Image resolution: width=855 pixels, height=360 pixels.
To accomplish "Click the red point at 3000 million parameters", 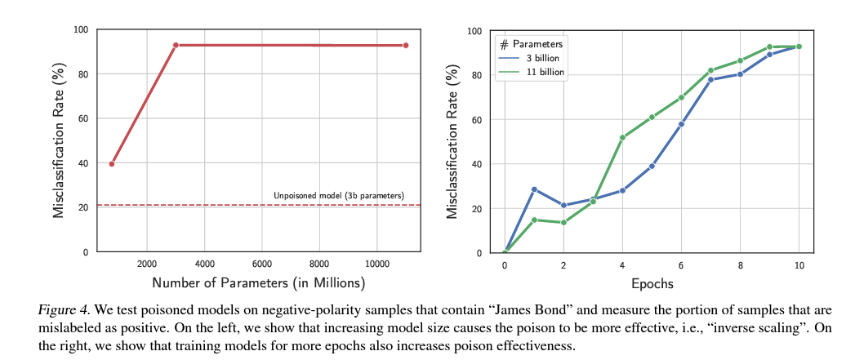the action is click(176, 45).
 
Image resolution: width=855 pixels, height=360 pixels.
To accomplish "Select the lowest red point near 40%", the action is click(112, 163).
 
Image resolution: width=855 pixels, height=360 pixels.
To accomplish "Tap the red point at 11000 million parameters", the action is click(406, 45).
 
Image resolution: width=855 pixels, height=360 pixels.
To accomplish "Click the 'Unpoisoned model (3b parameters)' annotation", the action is click(339, 195).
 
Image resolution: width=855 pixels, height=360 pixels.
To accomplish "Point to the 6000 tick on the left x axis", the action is click(262, 264).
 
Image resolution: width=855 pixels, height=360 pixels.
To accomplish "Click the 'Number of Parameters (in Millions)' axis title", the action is click(259, 282).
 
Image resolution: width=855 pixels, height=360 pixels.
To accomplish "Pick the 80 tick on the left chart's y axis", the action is click(85, 73).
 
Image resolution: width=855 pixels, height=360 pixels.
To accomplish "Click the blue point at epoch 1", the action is click(534, 189).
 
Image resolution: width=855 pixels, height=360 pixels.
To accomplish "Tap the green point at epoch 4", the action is click(622, 137).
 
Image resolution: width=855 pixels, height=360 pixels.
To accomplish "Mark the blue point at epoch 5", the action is click(652, 166).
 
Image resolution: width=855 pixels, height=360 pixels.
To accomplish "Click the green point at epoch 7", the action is click(710, 70).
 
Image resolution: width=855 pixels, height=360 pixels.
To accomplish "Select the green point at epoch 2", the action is click(563, 223).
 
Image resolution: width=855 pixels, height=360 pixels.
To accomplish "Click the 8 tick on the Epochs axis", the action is click(740, 265).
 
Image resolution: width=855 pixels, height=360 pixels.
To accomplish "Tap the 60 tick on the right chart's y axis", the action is click(478, 119).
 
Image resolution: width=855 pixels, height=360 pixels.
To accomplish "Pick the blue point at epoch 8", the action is click(740, 74).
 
